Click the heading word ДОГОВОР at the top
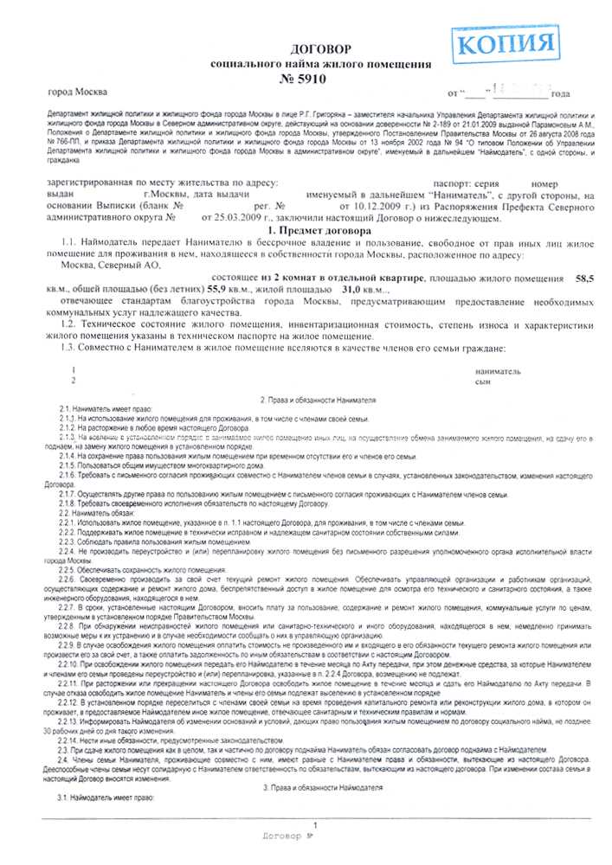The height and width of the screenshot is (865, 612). (321, 50)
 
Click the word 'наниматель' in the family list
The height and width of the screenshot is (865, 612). (499, 370)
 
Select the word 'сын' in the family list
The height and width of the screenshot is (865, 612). (484, 380)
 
